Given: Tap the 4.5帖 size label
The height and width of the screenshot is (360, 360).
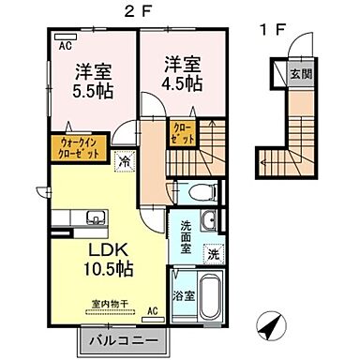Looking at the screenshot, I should pyautogui.click(x=179, y=84).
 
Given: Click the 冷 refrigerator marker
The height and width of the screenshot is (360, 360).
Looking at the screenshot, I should pyautogui.click(x=125, y=160).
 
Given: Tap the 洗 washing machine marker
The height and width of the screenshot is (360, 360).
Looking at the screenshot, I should pyautogui.click(x=213, y=253).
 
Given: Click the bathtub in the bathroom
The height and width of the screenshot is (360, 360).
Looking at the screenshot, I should pyautogui.click(x=211, y=298).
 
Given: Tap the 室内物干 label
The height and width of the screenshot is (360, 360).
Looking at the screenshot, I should pyautogui.click(x=112, y=305).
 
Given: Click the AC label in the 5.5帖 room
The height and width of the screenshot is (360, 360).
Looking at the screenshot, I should pyautogui.click(x=65, y=44).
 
